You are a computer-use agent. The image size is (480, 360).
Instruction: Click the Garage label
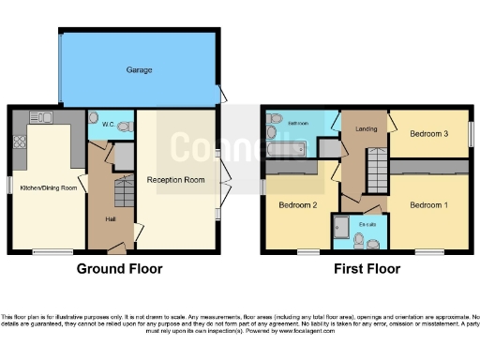coord(140,70)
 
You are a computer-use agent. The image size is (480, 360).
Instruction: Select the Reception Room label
coord(175,179)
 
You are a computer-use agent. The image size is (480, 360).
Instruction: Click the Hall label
coord(111,221)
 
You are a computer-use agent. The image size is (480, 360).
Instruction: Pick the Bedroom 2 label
coord(295,204)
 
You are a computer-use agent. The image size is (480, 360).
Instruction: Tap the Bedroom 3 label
coord(430,134)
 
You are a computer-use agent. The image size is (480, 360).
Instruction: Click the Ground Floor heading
coord(119,269)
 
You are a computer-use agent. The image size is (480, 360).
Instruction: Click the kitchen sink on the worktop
coord(41,117)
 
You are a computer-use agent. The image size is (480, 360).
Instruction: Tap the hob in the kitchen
coord(19,142)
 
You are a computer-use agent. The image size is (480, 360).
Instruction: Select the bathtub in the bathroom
coord(285,148)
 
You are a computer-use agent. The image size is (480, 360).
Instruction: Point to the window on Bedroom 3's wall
coord(472,133)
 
